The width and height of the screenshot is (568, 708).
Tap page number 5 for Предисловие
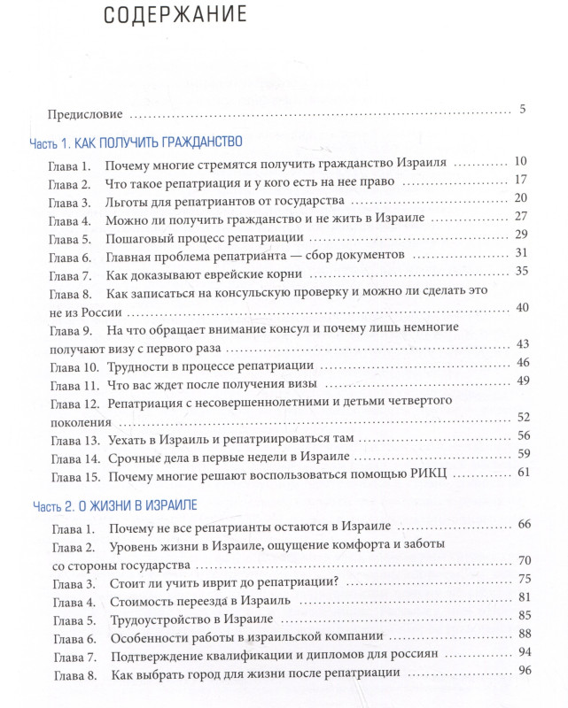pos(523,110)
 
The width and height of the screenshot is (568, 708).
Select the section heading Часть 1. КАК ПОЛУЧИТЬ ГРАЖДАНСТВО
pos(136,142)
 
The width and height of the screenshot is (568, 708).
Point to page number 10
pos(520,161)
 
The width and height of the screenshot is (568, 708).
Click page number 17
pos(521,180)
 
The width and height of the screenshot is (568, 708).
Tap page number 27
pos(521,217)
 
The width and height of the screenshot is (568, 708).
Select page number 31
pos(521,253)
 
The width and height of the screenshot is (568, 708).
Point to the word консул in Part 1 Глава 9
pos(330,330)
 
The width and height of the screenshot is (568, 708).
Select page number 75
pos(524,579)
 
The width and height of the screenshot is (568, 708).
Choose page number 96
pos(524,670)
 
